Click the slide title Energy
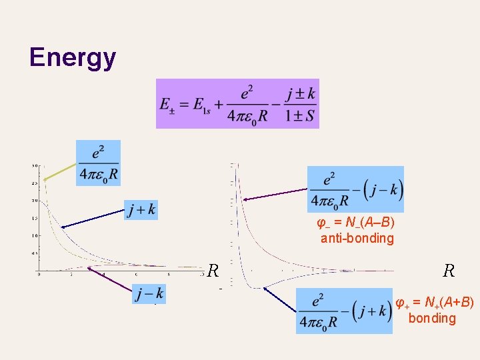[x=73, y=58]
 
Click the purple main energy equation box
[x=237, y=103]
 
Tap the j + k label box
[x=141, y=210]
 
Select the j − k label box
[x=149, y=293]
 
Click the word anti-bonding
[x=357, y=238]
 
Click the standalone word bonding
[x=432, y=318]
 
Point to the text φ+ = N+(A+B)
[x=434, y=303]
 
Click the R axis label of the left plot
[x=213, y=271]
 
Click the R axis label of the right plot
[x=449, y=271]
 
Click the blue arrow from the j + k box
[x=93, y=219]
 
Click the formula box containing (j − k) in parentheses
[x=355, y=190]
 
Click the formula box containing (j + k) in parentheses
[x=344, y=311]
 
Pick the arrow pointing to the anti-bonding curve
[x=275, y=195]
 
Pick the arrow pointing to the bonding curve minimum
[x=280, y=300]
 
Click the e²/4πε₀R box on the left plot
[x=98, y=163]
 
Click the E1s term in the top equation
[x=198, y=105]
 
